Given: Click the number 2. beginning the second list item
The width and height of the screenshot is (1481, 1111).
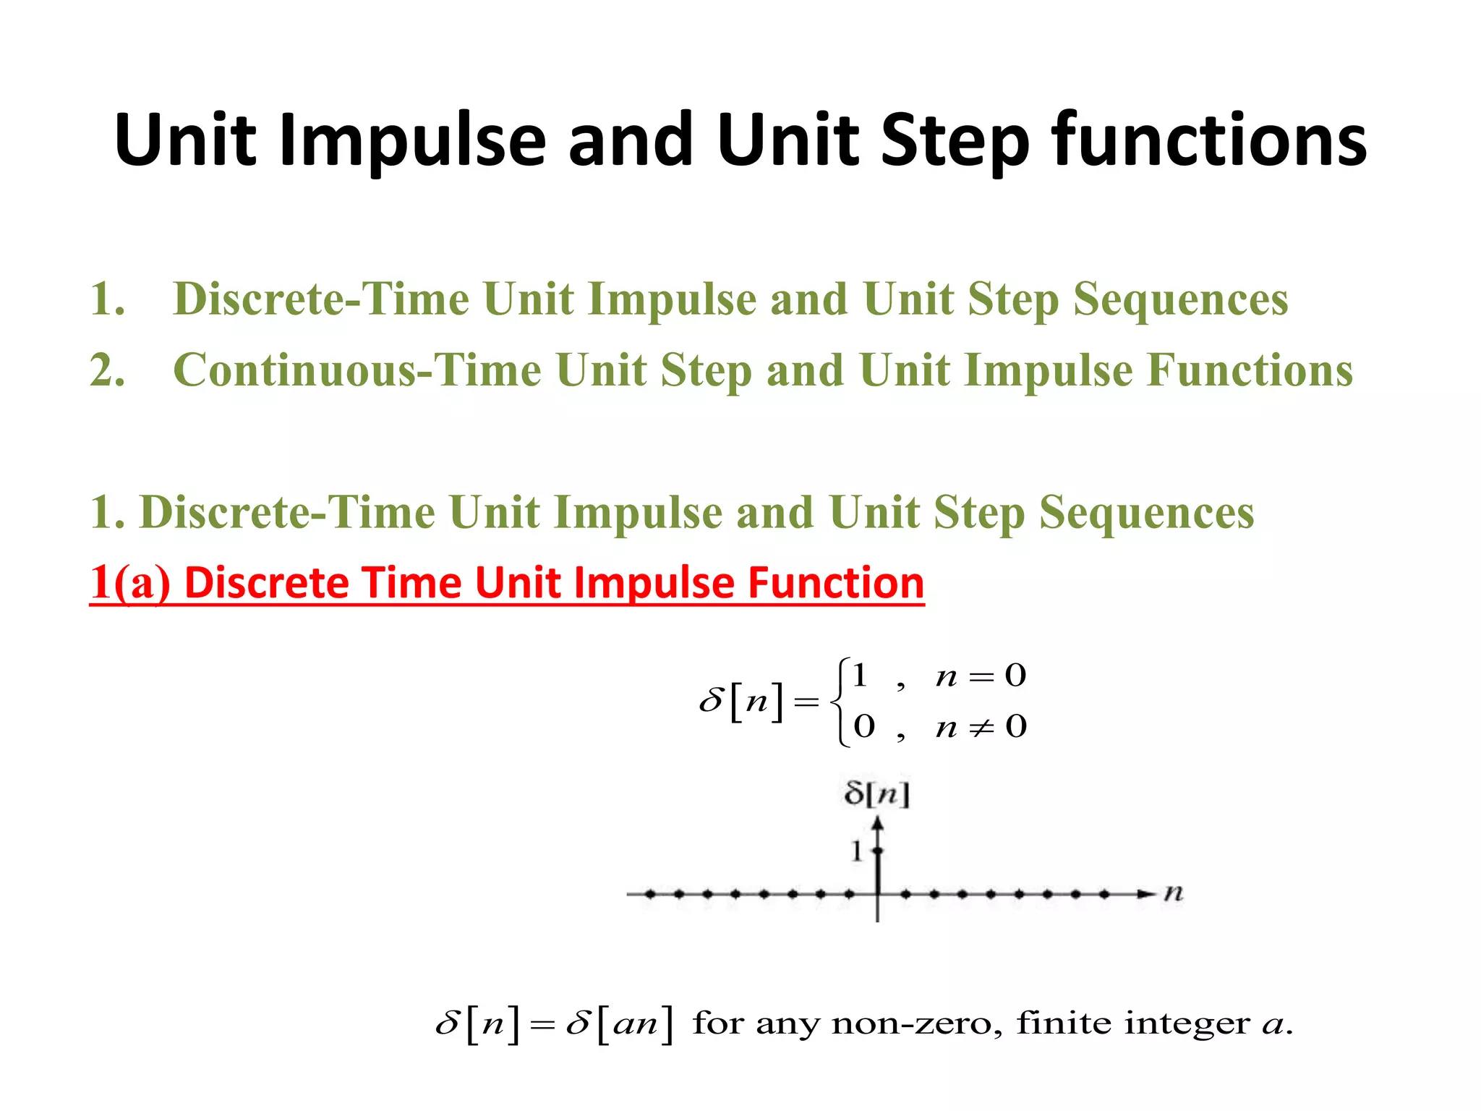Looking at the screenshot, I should tap(107, 370).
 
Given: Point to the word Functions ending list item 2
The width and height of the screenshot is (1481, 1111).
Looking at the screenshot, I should tap(1250, 370).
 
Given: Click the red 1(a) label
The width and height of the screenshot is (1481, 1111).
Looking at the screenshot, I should tap(129, 583).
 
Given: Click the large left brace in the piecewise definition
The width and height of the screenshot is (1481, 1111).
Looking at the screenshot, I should tap(840, 702).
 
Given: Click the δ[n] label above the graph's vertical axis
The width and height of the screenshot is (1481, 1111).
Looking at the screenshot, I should tap(876, 794).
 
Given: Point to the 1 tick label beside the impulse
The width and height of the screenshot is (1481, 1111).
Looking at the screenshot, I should tap(857, 851).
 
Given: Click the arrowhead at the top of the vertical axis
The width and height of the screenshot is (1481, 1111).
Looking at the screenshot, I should tap(877, 823).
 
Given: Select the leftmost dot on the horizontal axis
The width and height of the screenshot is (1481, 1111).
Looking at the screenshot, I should tap(650, 894).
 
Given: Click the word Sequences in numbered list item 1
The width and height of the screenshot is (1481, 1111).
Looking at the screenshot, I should tap(1180, 299).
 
